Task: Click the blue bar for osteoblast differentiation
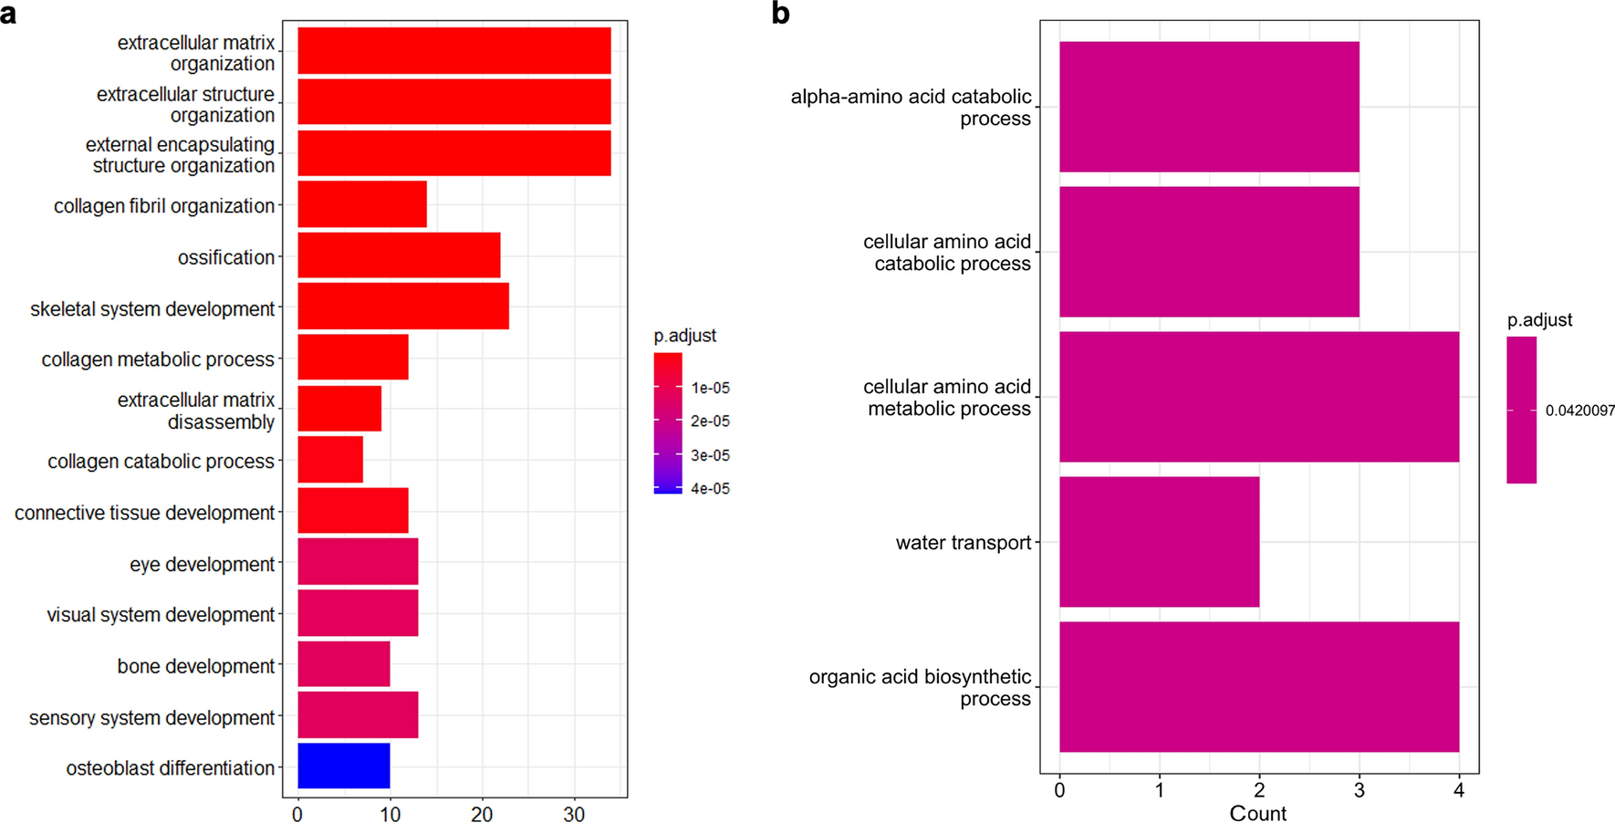[x=343, y=766]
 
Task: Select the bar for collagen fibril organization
[x=361, y=204]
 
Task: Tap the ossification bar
[x=399, y=255]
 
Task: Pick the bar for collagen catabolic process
[x=329, y=460]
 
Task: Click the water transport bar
[x=1159, y=541]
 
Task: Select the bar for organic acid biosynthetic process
[x=1258, y=686]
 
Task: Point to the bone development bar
[x=343, y=664]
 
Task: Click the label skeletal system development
[x=152, y=309]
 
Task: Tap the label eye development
[x=202, y=565]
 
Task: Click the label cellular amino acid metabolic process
[x=946, y=398]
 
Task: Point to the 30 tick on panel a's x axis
[x=574, y=814]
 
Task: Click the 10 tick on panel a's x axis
[x=390, y=814]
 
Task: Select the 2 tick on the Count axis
[x=1259, y=790]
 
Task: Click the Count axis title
[x=1257, y=813]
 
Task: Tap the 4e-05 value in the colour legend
[x=710, y=489]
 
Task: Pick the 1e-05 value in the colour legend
[x=710, y=388]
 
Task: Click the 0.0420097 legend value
[x=1579, y=411]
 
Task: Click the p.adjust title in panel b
[x=1539, y=320]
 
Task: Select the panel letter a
[x=8, y=14]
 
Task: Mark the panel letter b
[x=780, y=14]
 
